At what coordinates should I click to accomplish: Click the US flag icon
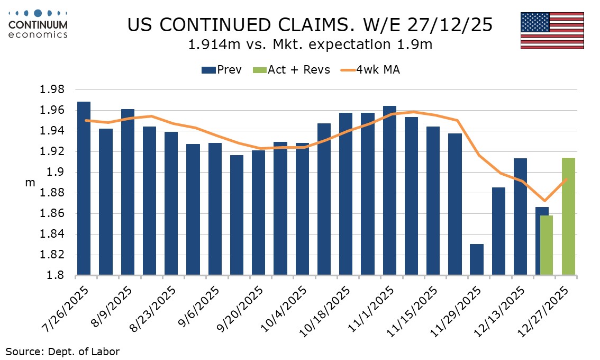[552, 31]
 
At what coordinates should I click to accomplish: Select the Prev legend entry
[222, 70]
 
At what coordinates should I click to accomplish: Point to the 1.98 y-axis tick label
[52, 90]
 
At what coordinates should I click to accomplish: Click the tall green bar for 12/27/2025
[568, 217]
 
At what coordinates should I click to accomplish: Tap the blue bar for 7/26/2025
[84, 188]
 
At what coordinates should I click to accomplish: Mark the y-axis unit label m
[30, 183]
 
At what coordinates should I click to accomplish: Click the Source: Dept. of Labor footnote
[63, 351]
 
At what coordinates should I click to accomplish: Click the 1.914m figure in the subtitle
[210, 45]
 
